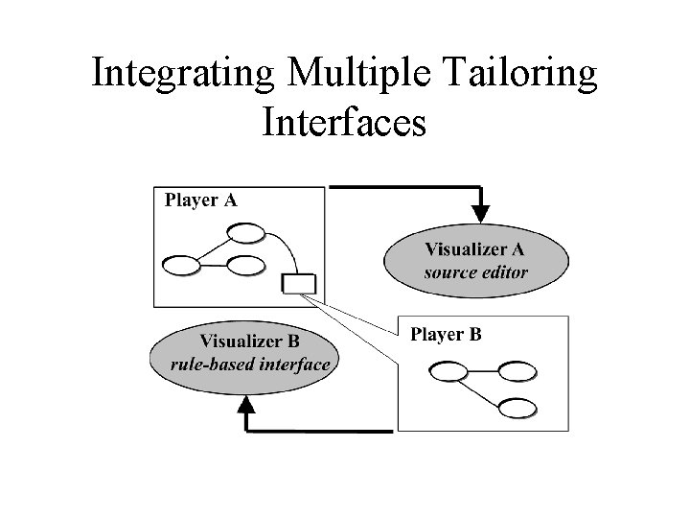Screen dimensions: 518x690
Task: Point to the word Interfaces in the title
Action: tap(343, 123)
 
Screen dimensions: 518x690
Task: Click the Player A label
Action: tap(201, 200)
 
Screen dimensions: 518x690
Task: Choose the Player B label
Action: tap(446, 335)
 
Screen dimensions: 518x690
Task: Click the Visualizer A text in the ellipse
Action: tap(474, 249)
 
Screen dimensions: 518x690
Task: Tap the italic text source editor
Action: tap(475, 272)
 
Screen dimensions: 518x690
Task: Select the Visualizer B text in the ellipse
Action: tap(249, 341)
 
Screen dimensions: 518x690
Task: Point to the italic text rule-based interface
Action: tap(249, 364)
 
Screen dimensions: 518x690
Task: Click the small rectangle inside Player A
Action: tap(299, 282)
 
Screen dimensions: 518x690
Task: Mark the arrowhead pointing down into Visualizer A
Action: tap(481, 211)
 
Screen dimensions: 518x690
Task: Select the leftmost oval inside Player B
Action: tap(449, 370)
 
